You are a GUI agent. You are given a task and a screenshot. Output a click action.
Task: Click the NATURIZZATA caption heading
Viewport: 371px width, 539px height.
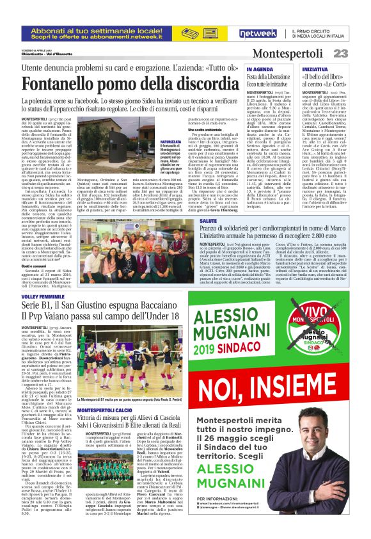[x=154, y=141]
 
